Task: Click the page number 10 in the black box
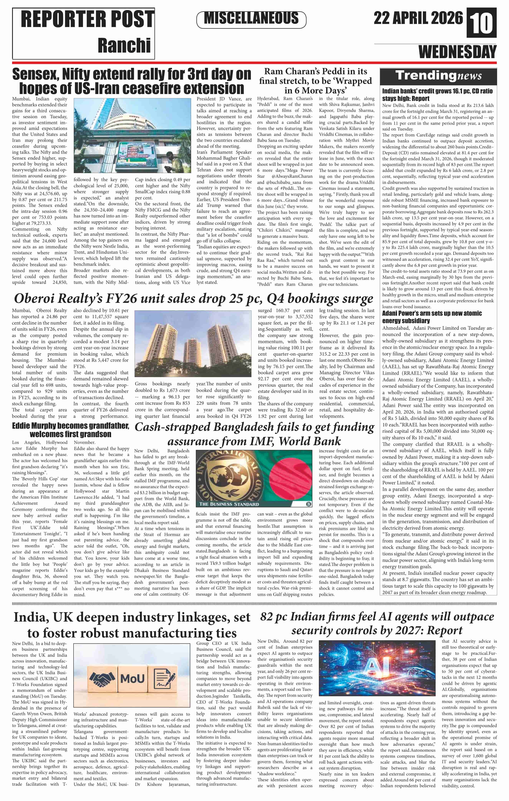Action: (482, 23)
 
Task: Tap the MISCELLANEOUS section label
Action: (251, 19)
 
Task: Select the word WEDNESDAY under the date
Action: (457, 52)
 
